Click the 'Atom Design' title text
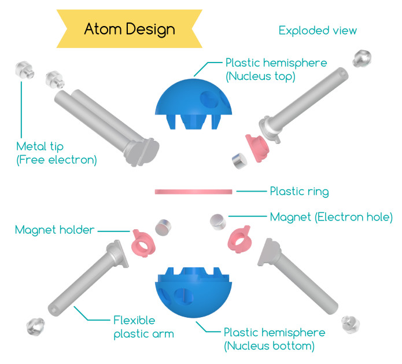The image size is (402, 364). (130, 29)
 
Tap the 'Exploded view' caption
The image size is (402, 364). (318, 31)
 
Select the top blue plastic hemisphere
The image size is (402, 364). (193, 104)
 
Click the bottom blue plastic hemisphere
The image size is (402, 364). (193, 292)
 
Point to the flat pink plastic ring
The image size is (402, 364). (193, 192)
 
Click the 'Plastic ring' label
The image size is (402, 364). (299, 192)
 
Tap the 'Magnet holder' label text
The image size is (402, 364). (54, 230)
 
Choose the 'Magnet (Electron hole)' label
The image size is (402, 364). (331, 217)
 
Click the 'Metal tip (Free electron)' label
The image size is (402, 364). (57, 153)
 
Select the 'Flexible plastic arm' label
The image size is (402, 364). (143, 327)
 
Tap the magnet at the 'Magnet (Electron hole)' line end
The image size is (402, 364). (218, 222)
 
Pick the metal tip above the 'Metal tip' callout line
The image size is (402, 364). (25, 69)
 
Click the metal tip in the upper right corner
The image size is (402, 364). (362, 58)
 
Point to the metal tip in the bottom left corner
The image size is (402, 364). (35, 326)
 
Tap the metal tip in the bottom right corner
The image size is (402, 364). (351, 325)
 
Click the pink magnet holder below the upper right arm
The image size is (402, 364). (257, 148)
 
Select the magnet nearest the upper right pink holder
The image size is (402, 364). (239, 161)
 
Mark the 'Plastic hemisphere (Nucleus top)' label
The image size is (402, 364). (276, 69)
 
